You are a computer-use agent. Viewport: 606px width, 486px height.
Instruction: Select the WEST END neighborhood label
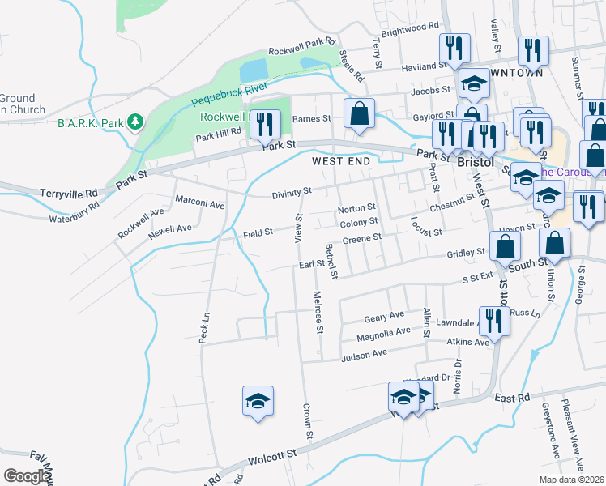click(x=341, y=162)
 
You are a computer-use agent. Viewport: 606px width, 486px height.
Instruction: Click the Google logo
click(x=26, y=476)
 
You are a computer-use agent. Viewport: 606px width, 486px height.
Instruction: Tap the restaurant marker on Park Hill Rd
click(x=265, y=124)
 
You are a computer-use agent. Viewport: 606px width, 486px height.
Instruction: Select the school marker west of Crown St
click(x=258, y=401)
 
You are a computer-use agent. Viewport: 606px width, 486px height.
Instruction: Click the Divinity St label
click(x=292, y=192)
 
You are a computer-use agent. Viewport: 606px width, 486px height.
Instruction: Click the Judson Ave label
click(x=365, y=354)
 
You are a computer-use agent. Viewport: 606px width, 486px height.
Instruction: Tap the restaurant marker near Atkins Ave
click(x=493, y=321)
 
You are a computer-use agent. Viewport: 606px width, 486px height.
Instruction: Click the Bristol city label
click(x=476, y=162)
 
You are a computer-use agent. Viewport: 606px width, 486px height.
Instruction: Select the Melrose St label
click(x=319, y=311)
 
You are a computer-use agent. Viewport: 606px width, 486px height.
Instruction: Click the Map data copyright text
click(x=572, y=480)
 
